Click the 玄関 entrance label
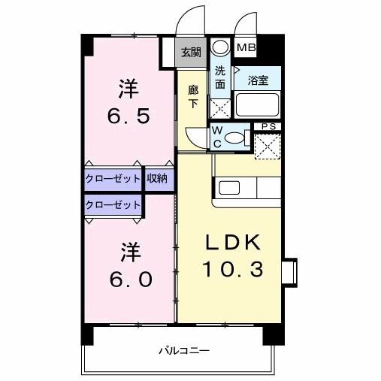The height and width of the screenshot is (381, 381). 191,53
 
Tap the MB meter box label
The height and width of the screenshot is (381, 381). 246,48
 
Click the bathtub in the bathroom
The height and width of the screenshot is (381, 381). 258,104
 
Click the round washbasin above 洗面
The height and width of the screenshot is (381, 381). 219,47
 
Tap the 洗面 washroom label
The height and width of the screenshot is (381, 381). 219,77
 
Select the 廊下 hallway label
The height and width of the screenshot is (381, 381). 194,96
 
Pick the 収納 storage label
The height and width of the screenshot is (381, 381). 158,179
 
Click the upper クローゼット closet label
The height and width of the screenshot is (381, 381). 113,179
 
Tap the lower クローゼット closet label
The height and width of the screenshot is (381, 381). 113,204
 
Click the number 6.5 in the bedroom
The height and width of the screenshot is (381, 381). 128,116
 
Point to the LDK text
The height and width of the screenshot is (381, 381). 233,242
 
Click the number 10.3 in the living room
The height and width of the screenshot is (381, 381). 233,268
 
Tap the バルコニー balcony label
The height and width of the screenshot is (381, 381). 183,350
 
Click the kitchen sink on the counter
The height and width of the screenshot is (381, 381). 227,188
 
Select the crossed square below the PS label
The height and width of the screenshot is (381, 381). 266,145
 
